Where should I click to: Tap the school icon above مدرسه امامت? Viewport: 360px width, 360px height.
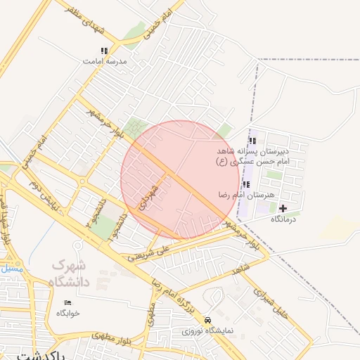point(104,51)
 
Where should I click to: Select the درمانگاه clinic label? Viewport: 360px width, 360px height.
point(285,219)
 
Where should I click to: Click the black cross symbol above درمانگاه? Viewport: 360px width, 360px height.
point(283,208)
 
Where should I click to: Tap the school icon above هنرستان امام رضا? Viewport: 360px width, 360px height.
point(246,184)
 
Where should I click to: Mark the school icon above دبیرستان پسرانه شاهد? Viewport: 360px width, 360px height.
point(252,141)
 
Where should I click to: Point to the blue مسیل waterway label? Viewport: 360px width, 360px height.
point(11,268)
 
